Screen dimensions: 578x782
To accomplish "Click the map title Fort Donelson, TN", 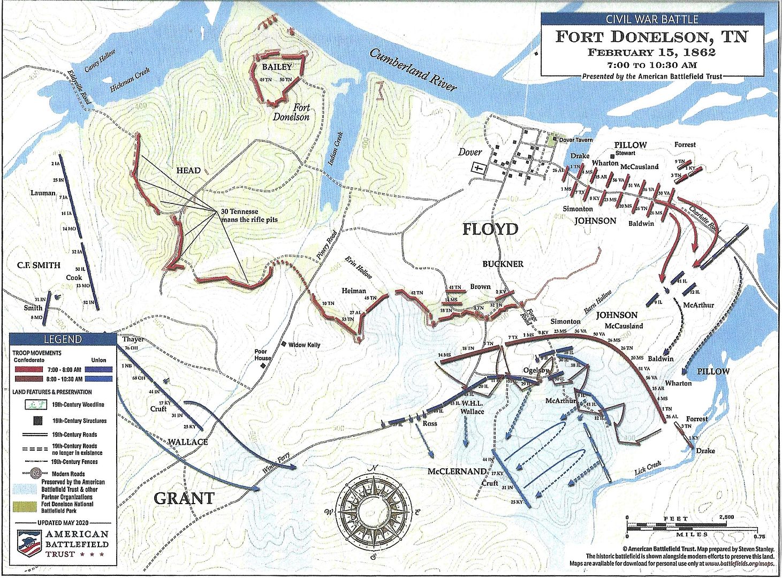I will (x=651, y=37).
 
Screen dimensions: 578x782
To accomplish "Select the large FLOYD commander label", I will (x=490, y=229).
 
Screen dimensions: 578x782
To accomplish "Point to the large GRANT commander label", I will (x=184, y=498).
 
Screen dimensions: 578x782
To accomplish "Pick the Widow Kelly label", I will (x=304, y=345).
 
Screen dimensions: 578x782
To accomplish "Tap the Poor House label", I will (x=263, y=355).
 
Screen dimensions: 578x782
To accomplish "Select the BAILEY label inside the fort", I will (x=277, y=67).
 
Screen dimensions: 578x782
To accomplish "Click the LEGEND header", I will (x=63, y=339).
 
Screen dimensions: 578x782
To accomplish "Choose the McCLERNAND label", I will (x=457, y=472).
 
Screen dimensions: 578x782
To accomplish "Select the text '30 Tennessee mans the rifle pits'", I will (x=249, y=215).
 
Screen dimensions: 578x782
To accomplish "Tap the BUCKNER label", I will (x=503, y=264).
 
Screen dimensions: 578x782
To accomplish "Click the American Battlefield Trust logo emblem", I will (x=31, y=544).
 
